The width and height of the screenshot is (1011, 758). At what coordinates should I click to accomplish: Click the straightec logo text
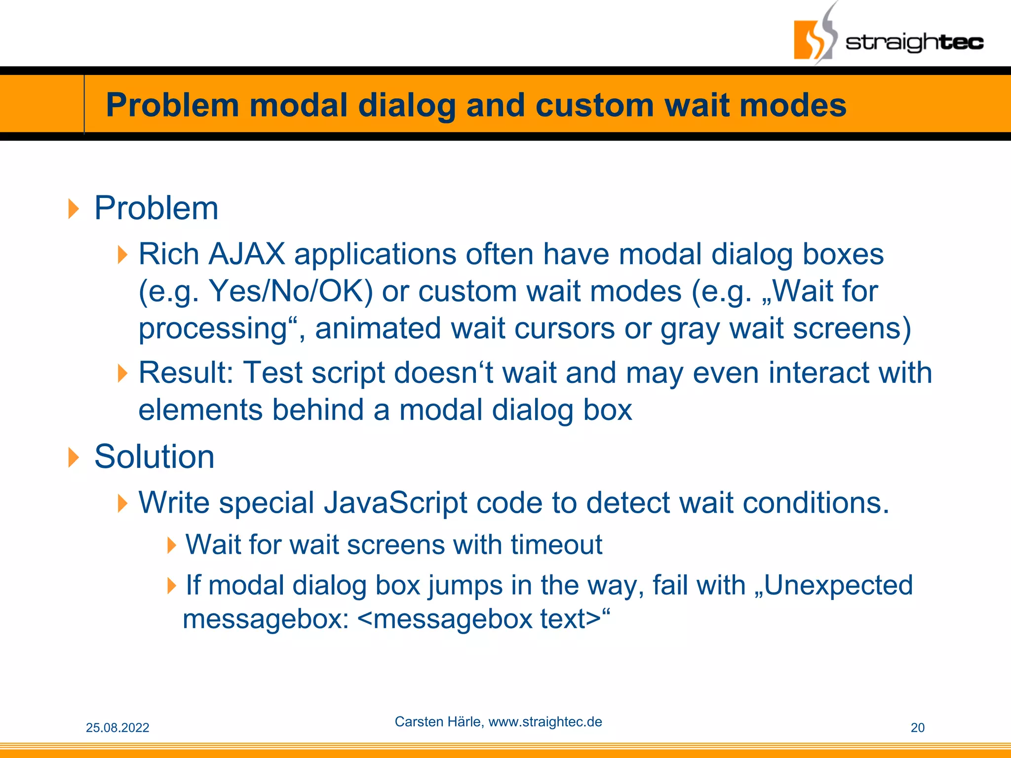click(914, 42)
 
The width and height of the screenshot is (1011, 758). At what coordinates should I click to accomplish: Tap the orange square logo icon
click(810, 39)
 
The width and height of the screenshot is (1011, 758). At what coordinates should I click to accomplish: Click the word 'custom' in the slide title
click(594, 105)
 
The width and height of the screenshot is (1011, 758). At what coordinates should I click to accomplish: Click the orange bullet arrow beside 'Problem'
click(74, 209)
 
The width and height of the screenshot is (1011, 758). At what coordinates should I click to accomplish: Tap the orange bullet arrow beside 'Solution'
click(74, 457)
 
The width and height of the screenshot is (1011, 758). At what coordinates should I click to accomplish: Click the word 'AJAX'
click(246, 254)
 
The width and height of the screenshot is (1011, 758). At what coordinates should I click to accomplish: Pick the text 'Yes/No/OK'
click(290, 291)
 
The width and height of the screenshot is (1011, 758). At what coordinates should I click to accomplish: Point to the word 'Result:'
click(186, 373)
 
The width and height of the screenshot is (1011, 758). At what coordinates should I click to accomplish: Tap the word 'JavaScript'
click(395, 503)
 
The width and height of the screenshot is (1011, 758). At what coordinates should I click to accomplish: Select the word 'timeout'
click(556, 545)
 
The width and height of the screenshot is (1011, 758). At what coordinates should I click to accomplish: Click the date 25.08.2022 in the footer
click(117, 728)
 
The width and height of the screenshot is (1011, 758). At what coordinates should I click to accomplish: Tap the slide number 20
click(917, 728)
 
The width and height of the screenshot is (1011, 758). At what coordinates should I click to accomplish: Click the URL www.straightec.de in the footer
click(545, 722)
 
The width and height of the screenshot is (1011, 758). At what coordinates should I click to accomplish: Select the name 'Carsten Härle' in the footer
click(438, 722)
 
